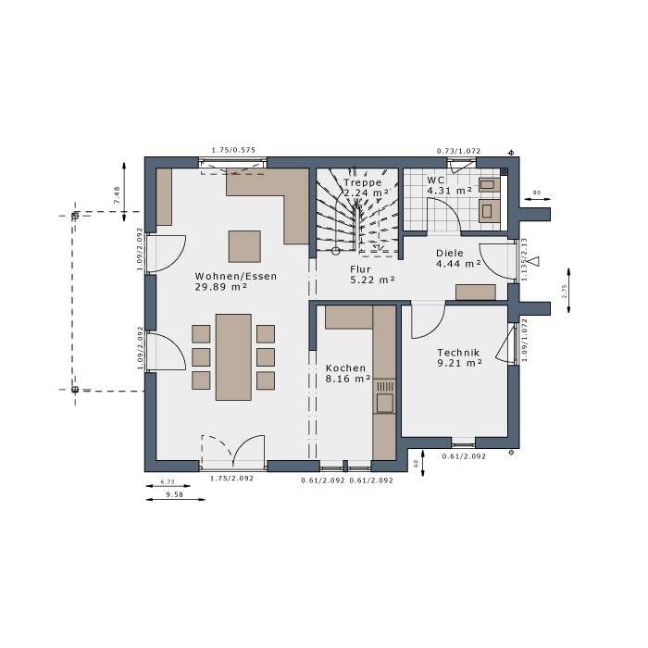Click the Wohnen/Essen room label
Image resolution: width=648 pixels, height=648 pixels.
(x=235, y=276)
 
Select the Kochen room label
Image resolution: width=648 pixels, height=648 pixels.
(x=345, y=368)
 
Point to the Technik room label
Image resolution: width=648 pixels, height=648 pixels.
(x=457, y=352)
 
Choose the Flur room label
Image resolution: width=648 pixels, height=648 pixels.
(x=360, y=269)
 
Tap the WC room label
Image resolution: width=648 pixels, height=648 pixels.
(x=437, y=180)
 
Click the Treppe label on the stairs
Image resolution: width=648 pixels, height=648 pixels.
(x=362, y=182)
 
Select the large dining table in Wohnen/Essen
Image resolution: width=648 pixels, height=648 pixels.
(x=233, y=356)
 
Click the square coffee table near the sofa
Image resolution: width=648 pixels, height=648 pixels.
(x=245, y=246)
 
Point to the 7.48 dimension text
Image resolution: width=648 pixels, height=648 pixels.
(x=117, y=194)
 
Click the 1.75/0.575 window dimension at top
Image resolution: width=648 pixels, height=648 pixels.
(x=233, y=150)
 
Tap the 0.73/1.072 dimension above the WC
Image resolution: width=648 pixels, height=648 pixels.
(x=459, y=150)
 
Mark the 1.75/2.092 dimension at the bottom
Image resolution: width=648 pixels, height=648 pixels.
(x=232, y=479)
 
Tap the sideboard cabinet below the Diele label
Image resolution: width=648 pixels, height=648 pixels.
(x=476, y=293)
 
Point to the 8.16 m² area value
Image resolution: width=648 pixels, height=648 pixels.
(x=348, y=379)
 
